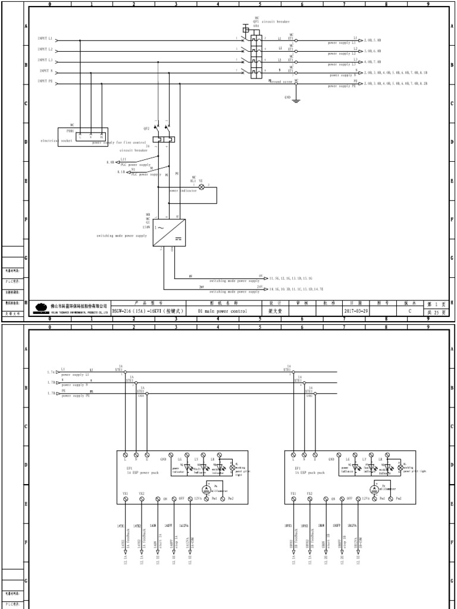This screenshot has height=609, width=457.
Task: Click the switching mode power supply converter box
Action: tap(168, 232)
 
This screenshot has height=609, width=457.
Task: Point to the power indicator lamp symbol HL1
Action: tap(201, 187)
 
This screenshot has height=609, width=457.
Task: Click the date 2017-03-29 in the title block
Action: tap(356, 310)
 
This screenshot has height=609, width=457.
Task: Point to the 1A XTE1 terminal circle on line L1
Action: tap(125, 373)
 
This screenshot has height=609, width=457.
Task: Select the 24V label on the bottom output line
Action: tap(259, 287)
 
